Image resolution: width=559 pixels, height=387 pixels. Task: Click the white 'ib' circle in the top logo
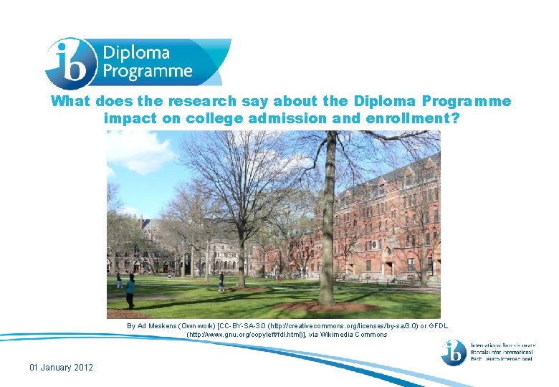[x=68, y=62]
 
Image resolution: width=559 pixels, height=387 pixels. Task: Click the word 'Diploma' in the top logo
[x=136, y=53]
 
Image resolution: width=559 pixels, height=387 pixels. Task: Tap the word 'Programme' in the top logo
[x=148, y=71]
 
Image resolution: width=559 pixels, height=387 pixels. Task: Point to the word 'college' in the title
[x=215, y=118]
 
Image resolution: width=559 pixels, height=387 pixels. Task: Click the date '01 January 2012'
[x=62, y=368]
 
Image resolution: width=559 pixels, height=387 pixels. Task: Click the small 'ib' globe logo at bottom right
[x=454, y=352]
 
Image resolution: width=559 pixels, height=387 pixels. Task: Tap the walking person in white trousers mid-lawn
[x=221, y=282]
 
